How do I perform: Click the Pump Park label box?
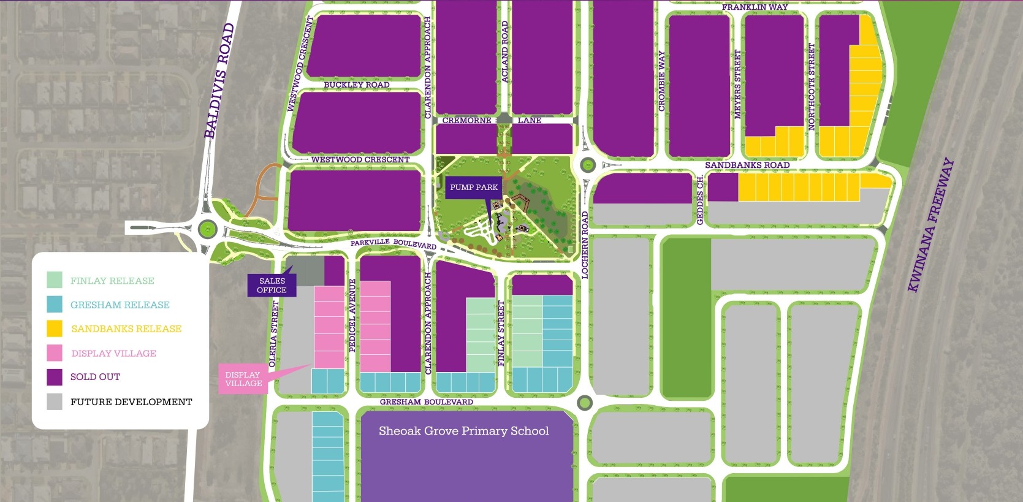click(x=474, y=188)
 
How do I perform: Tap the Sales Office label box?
click(x=272, y=286)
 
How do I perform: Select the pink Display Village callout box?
click(x=243, y=379)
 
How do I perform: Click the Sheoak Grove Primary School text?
click(x=463, y=431)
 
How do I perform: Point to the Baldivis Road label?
click(x=219, y=81)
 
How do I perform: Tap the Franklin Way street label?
click(x=755, y=7)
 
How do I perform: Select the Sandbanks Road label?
click(x=747, y=165)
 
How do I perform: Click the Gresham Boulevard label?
click(x=426, y=402)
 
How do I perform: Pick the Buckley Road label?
click(x=356, y=85)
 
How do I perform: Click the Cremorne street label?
click(x=466, y=121)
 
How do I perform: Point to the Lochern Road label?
click(x=584, y=245)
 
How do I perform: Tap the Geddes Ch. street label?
click(x=700, y=199)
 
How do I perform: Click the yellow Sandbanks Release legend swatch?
click(x=55, y=329)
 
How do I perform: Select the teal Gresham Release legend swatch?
click(x=55, y=305)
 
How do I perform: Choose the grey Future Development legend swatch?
click(x=55, y=401)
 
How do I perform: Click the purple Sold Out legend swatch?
click(x=55, y=377)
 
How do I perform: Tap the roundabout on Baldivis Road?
click(x=208, y=229)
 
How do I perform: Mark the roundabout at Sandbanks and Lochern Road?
click(x=588, y=164)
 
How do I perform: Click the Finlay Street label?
click(x=501, y=333)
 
